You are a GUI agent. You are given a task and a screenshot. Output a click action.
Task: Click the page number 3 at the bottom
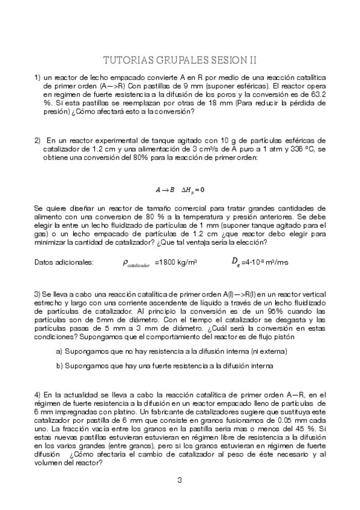pyautogui.click(x=180, y=480)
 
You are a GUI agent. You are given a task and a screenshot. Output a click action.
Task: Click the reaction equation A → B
pyautogui.click(x=165, y=189)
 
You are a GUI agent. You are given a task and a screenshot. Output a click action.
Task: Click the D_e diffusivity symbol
pyautogui.click(x=236, y=262)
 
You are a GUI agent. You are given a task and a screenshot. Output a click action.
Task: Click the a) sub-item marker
pyautogui.click(x=59, y=351)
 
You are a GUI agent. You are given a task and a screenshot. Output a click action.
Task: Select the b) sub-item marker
pyautogui.click(x=59, y=365)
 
